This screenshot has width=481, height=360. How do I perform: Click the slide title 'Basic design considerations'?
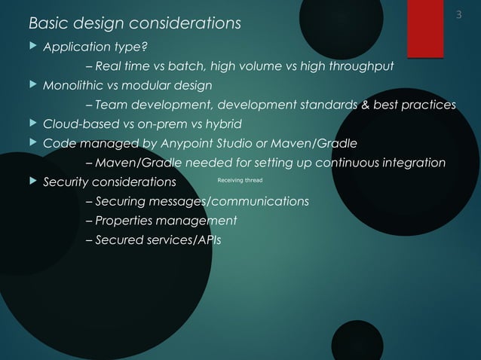135,23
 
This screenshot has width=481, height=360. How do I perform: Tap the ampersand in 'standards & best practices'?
366,105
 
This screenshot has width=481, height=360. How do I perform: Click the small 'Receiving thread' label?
239,181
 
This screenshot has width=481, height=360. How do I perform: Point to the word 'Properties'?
127,221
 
